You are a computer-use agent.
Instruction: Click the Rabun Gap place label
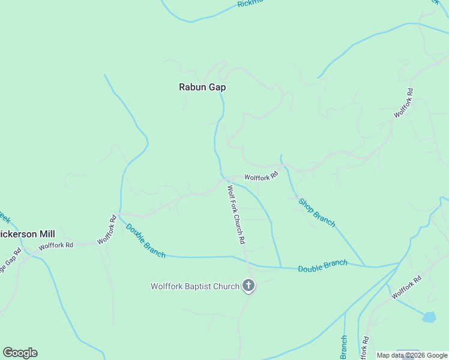(202, 87)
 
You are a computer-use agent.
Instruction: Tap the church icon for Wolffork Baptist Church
(249, 286)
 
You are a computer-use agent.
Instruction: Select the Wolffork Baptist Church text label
(194, 287)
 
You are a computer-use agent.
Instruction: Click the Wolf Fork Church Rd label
(236, 214)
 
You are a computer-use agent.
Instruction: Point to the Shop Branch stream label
(316, 212)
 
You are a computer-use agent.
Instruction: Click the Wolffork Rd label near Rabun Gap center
(261, 176)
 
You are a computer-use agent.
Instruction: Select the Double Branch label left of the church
(146, 241)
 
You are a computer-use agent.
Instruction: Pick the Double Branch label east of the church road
(322, 266)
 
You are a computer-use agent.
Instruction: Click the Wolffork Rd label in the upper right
(403, 103)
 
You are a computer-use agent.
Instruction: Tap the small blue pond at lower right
(429, 317)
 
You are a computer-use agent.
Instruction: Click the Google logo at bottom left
(20, 353)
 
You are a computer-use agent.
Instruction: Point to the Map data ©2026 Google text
(412, 355)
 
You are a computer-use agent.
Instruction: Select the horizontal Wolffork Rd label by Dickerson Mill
(56, 245)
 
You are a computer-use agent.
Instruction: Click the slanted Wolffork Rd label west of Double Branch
(107, 229)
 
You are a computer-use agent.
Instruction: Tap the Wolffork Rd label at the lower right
(406, 287)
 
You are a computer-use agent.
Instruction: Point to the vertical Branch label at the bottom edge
(344, 347)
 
